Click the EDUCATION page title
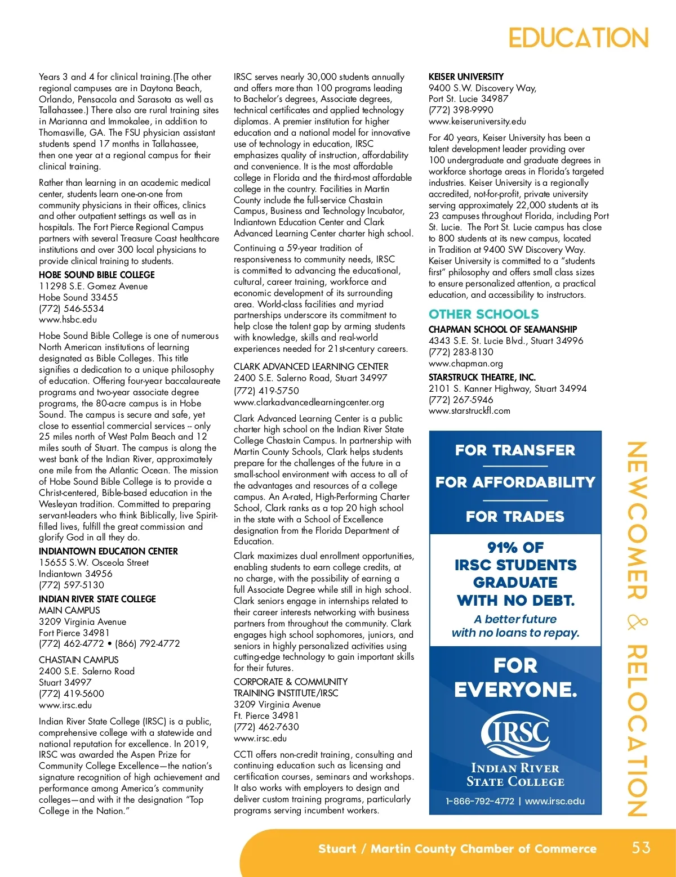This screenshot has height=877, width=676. coord(578,38)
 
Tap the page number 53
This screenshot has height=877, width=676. coord(641,848)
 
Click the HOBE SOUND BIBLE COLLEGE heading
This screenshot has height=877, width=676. coord(97,275)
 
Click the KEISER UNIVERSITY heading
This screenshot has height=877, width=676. coord(466,77)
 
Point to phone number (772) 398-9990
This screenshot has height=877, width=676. coord(461,110)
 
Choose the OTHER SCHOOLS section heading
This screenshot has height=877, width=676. coord(483,314)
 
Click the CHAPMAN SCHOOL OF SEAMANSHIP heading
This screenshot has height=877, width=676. coord(502,329)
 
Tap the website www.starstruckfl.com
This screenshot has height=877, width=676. coord(469,411)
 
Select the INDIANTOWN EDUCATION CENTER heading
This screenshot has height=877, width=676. coord(108,551)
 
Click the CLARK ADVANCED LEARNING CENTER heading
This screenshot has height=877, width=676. coord(311,366)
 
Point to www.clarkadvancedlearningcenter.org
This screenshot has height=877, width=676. coord(309,402)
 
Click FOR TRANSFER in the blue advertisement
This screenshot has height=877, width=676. coord(515,450)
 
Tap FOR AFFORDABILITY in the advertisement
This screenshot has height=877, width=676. coord(515,482)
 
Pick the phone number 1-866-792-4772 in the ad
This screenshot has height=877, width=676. coord(479,801)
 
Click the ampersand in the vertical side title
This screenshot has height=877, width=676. coord(637,622)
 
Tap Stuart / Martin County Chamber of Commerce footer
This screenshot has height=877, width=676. coord(457,849)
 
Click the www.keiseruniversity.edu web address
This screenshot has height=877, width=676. coord(477,122)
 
